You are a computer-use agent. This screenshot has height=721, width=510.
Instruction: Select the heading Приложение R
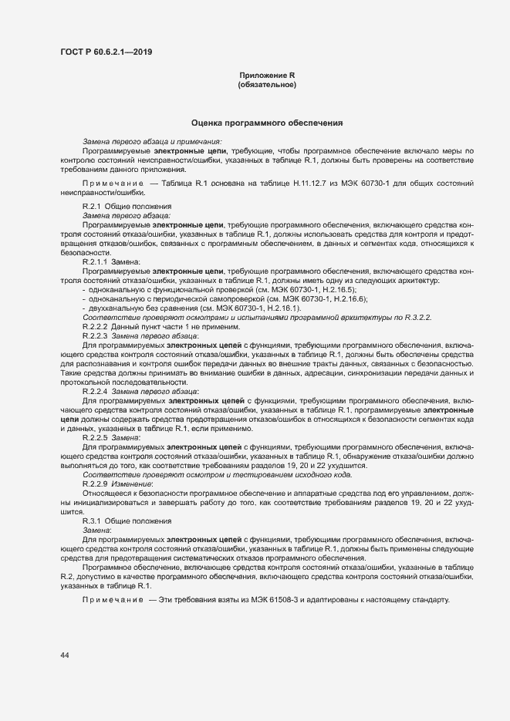click(267, 75)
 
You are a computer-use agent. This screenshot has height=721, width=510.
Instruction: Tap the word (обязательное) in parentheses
click(267, 84)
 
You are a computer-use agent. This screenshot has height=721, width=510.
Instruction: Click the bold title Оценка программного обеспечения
click(267, 123)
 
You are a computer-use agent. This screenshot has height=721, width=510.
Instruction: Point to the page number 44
click(64, 655)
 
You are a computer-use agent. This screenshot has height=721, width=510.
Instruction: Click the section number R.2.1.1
click(96, 261)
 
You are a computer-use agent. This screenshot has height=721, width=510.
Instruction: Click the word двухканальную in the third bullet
click(114, 308)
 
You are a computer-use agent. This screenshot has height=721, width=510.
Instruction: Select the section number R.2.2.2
click(96, 327)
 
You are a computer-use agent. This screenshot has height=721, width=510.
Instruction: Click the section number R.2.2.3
click(96, 336)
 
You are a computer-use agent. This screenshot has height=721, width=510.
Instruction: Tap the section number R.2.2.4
click(96, 392)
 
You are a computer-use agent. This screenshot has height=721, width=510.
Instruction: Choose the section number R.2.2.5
click(96, 437)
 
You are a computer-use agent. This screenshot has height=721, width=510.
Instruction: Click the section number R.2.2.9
click(96, 483)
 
